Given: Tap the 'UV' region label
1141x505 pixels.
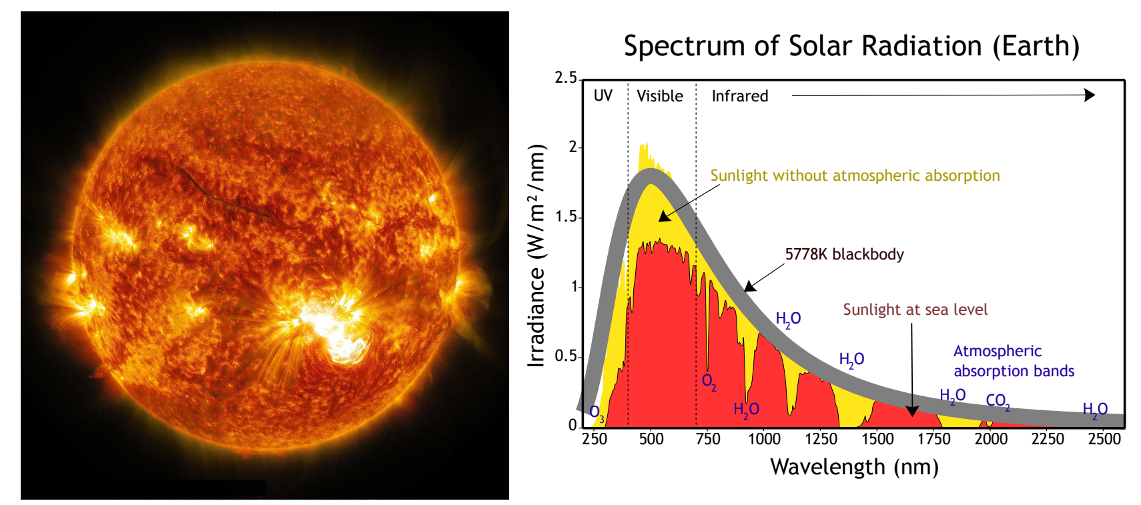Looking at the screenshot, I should [603, 95].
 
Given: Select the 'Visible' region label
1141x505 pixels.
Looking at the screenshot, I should [659, 96].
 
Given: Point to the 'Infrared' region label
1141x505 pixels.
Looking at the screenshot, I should [739, 96].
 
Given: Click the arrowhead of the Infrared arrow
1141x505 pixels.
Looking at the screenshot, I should [1090, 95].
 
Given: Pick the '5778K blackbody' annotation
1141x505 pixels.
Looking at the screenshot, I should [844, 254].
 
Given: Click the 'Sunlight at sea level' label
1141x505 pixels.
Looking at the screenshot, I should [915, 310].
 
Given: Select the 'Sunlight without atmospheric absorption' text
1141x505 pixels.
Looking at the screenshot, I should [854, 175].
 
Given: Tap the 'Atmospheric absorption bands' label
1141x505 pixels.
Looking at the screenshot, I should [1013, 361].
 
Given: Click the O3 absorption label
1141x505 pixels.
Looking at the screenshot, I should [597, 412].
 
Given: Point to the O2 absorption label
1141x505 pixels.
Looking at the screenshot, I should [709, 382].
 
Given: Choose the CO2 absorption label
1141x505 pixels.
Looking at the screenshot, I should [998, 401].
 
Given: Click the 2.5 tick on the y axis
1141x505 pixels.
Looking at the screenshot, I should [566, 78].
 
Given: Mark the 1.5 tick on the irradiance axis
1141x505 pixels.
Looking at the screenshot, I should [566, 217].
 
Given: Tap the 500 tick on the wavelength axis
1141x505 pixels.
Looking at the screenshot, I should [651, 439].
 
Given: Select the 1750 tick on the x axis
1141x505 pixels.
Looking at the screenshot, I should [933, 439].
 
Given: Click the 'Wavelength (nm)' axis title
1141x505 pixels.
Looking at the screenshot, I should [854, 467].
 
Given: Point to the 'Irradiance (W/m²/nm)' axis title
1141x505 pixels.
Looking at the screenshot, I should [536, 255].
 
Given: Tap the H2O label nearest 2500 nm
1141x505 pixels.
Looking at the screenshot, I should [1094, 410].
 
